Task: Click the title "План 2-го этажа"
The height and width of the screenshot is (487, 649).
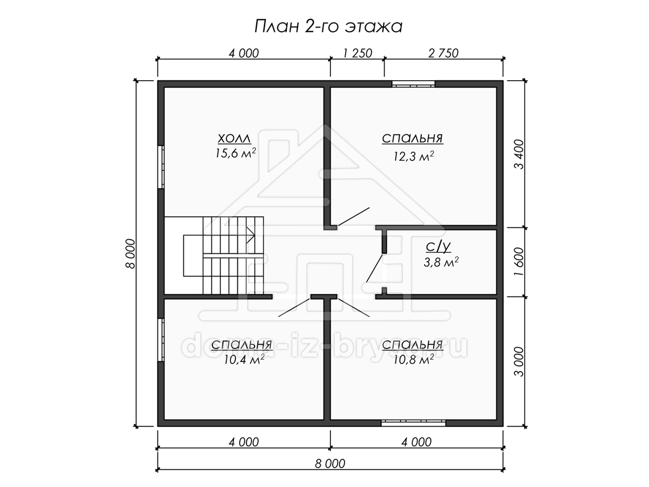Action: pyautogui.click(x=328, y=27)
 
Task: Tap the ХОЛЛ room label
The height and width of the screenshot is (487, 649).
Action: pyautogui.click(x=234, y=139)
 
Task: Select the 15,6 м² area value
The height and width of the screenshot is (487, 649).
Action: pyautogui.click(x=235, y=153)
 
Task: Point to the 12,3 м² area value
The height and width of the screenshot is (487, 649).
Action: pyautogui.click(x=413, y=156)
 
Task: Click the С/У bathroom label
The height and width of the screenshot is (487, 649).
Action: pyautogui.click(x=438, y=247)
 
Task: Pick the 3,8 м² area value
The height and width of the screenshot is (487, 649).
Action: pyautogui.click(x=441, y=262)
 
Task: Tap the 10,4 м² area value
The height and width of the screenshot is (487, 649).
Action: pyautogui.click(x=244, y=360)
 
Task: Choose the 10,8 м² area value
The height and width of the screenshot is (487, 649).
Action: pyautogui.click(x=413, y=360)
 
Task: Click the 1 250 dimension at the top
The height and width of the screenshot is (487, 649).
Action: pyautogui.click(x=357, y=54)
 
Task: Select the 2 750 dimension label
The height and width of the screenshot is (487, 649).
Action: pyautogui.click(x=443, y=54)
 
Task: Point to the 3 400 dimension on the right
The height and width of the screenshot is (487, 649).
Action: pyautogui.click(x=519, y=154)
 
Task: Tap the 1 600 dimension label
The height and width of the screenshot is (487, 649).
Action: pyautogui.click(x=519, y=261)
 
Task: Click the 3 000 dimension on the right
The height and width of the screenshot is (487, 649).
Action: pyautogui.click(x=519, y=361)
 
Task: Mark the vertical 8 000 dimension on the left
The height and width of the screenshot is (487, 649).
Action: pyautogui.click(x=130, y=254)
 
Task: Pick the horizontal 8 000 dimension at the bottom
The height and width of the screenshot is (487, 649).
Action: pyautogui.click(x=330, y=464)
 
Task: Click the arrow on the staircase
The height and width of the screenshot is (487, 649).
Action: pyautogui.click(x=250, y=235)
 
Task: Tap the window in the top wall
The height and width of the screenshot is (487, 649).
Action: pyautogui.click(x=413, y=84)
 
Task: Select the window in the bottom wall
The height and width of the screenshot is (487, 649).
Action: pyautogui.click(x=413, y=423)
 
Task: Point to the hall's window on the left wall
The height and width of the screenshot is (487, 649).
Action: pyautogui.click(x=161, y=167)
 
